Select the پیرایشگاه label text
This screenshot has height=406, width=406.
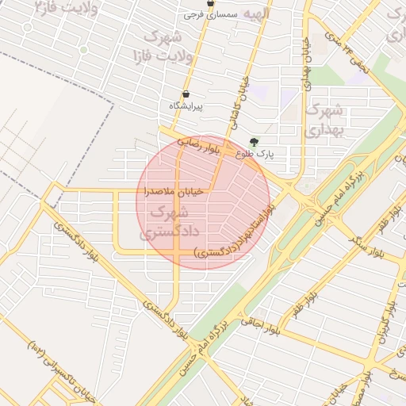tap(186, 105)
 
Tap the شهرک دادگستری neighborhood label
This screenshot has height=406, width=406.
tap(164, 223)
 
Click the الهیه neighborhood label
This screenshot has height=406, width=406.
tap(255, 13)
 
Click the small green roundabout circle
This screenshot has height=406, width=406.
tap(82, 49)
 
